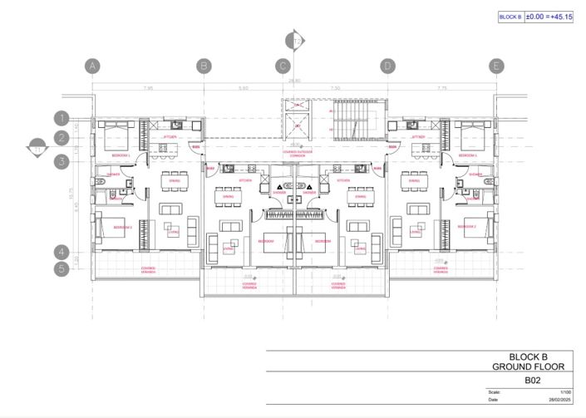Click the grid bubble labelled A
click(92, 66)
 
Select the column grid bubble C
click(283, 66)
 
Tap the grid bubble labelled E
click(497, 66)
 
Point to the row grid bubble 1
click(62, 119)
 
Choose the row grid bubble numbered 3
click(62, 162)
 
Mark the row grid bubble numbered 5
click(62, 269)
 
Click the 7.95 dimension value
click(148, 87)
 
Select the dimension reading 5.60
click(243, 87)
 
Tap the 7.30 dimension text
click(335, 87)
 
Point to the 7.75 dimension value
click(442, 87)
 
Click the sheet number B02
click(529, 381)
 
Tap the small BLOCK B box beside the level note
click(510, 16)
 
